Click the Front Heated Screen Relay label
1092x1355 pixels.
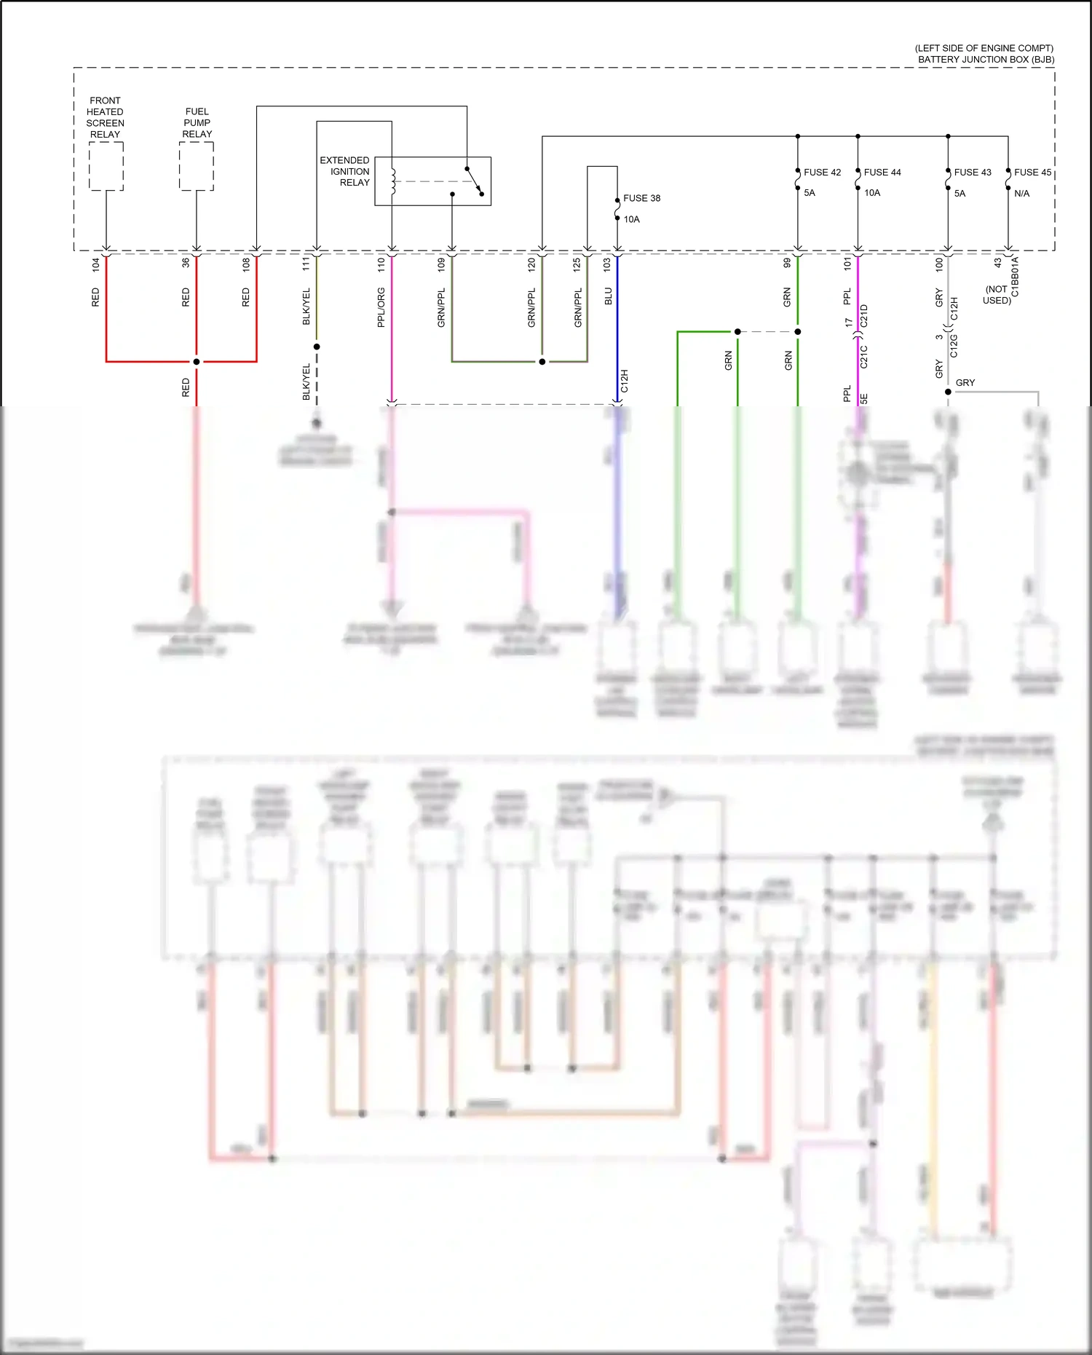(x=105, y=117)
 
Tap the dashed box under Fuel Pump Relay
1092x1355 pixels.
(x=197, y=166)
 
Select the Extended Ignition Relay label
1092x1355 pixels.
(x=345, y=171)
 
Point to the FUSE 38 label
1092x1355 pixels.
(x=641, y=198)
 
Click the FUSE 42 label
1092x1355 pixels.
(x=822, y=173)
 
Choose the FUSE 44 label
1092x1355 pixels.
(x=882, y=173)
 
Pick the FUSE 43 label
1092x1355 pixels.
(x=973, y=173)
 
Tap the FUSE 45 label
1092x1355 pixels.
(x=1032, y=173)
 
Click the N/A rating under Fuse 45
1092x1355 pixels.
(x=1021, y=194)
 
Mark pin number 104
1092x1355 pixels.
(x=95, y=265)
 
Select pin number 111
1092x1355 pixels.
(x=306, y=264)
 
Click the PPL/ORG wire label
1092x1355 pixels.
(x=381, y=307)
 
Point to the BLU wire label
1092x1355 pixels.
(x=608, y=296)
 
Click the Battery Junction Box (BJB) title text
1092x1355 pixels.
(x=986, y=60)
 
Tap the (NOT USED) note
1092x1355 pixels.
(x=997, y=295)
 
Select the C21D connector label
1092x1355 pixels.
(x=864, y=316)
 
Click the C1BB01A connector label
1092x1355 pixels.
(x=1016, y=277)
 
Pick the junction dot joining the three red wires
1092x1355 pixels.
(x=197, y=361)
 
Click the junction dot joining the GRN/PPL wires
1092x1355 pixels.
(x=542, y=361)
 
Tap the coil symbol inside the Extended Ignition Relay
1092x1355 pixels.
(x=393, y=182)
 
